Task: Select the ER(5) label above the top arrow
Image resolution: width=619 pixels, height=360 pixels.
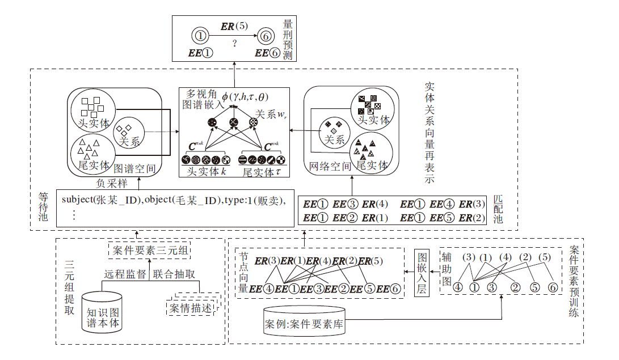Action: tap(234, 26)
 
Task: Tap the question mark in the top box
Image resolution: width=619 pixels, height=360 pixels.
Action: tap(234, 43)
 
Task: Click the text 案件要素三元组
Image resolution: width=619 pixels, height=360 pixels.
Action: tap(149, 250)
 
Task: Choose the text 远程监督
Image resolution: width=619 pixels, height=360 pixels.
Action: tap(125, 274)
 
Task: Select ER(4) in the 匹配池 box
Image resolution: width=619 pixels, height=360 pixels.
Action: tap(374, 204)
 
